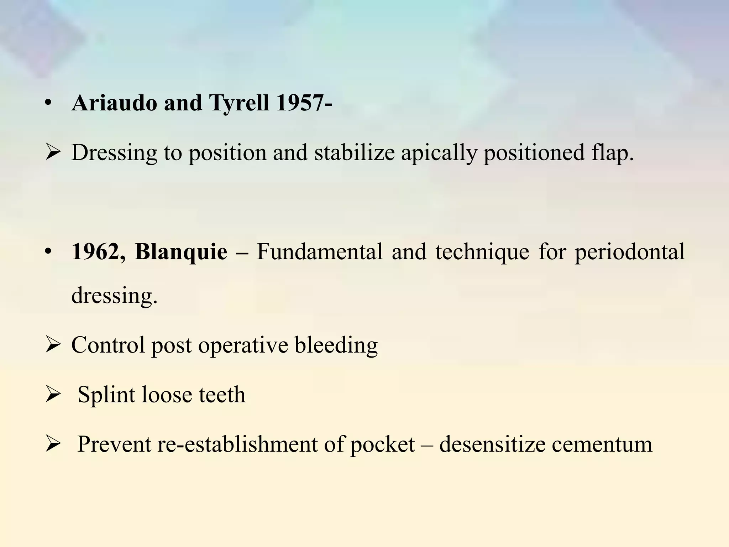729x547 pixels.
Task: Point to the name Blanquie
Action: pyautogui.click(x=181, y=252)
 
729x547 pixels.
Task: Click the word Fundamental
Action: pyautogui.click(x=319, y=252)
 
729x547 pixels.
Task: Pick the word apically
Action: pyautogui.click(x=439, y=153)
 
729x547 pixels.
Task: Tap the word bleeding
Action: pyautogui.click(x=336, y=345)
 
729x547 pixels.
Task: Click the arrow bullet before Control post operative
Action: pyautogui.click(x=53, y=345)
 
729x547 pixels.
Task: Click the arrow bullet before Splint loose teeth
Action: pyautogui.click(x=53, y=395)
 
